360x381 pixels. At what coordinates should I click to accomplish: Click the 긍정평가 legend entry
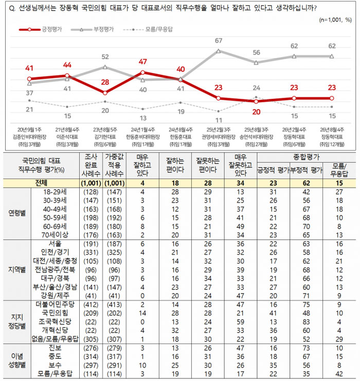[x=40, y=30]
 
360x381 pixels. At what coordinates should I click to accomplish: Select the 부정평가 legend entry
[x=92, y=30]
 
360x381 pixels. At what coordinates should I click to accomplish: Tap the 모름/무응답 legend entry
[x=148, y=30]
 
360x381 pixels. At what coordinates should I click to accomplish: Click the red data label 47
[x=142, y=62]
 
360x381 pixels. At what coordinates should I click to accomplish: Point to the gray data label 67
[x=218, y=41]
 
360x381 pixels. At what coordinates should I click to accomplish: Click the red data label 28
[x=105, y=82]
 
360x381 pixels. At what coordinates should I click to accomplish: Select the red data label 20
[x=256, y=112]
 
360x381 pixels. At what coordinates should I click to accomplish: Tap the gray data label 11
[x=219, y=120]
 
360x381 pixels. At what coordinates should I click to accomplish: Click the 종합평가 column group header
[x=306, y=157]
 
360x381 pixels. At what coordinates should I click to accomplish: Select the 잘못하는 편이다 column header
[x=208, y=165]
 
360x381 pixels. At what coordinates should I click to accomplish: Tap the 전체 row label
[x=41, y=183]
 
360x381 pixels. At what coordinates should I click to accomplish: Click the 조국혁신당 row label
[x=55, y=322]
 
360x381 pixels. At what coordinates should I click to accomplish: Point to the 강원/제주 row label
[x=55, y=296]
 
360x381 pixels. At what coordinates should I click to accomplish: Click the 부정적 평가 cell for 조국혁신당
[x=306, y=322]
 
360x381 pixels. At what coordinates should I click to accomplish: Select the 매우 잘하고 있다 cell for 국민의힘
[x=142, y=313]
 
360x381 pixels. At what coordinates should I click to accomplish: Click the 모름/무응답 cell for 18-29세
[x=339, y=192]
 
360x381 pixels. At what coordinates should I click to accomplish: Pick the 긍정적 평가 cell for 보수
[x=273, y=365]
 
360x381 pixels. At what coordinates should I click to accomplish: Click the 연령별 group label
[x=17, y=213]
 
